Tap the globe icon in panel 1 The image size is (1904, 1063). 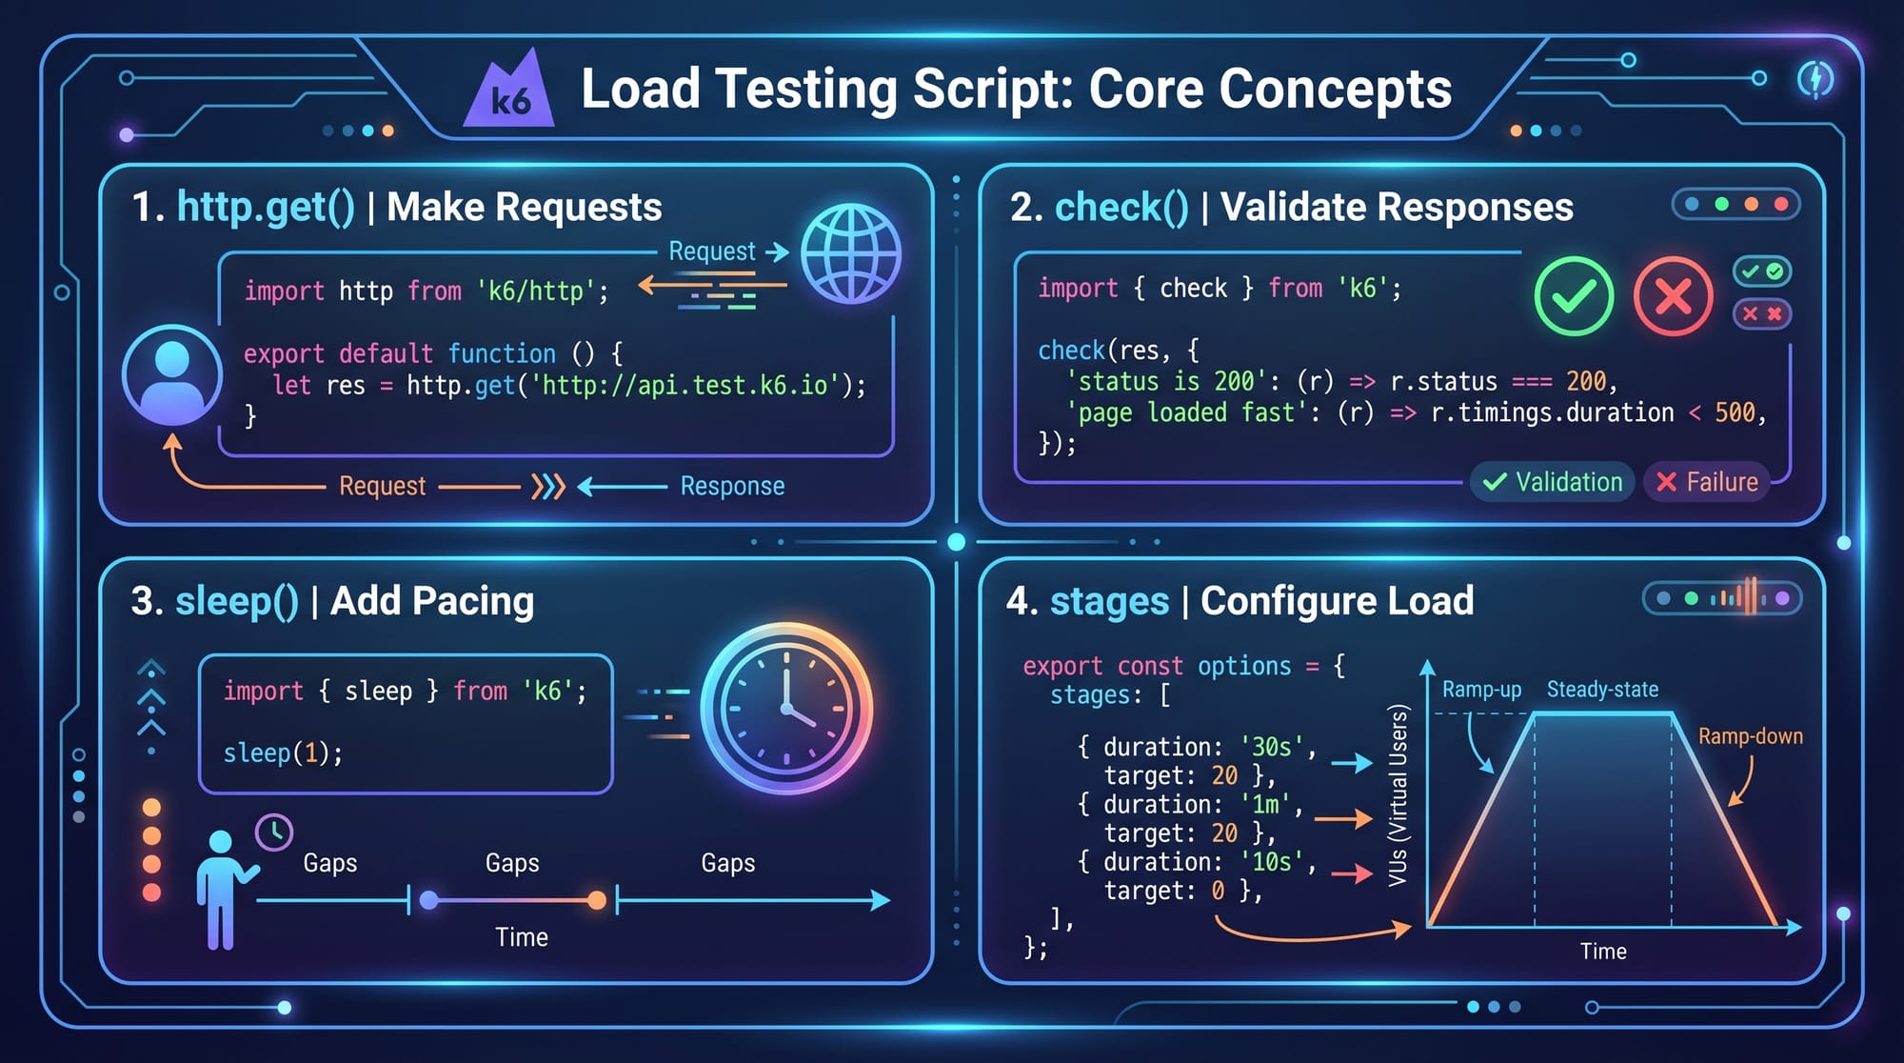(x=850, y=253)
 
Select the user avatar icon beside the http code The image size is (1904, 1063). (x=172, y=374)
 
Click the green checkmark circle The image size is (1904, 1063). (x=1574, y=296)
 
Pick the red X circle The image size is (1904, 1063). (x=1673, y=296)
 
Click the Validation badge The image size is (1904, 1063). (x=1553, y=482)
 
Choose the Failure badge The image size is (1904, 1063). (x=1707, y=482)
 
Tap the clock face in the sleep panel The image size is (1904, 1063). (x=786, y=709)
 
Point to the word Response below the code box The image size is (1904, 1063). (x=732, y=486)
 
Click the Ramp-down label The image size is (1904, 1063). (x=1750, y=736)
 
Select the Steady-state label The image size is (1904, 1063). (x=1602, y=689)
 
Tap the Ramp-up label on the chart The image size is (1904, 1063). (x=1481, y=689)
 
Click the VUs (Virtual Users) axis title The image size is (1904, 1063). (x=1398, y=795)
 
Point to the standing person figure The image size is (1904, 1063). (x=223, y=890)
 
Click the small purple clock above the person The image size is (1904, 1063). (x=274, y=832)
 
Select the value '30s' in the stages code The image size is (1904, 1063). (x=1271, y=746)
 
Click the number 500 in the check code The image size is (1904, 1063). (x=1735, y=412)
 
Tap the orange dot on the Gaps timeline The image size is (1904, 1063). (x=597, y=900)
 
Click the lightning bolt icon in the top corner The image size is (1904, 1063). (x=1815, y=79)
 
